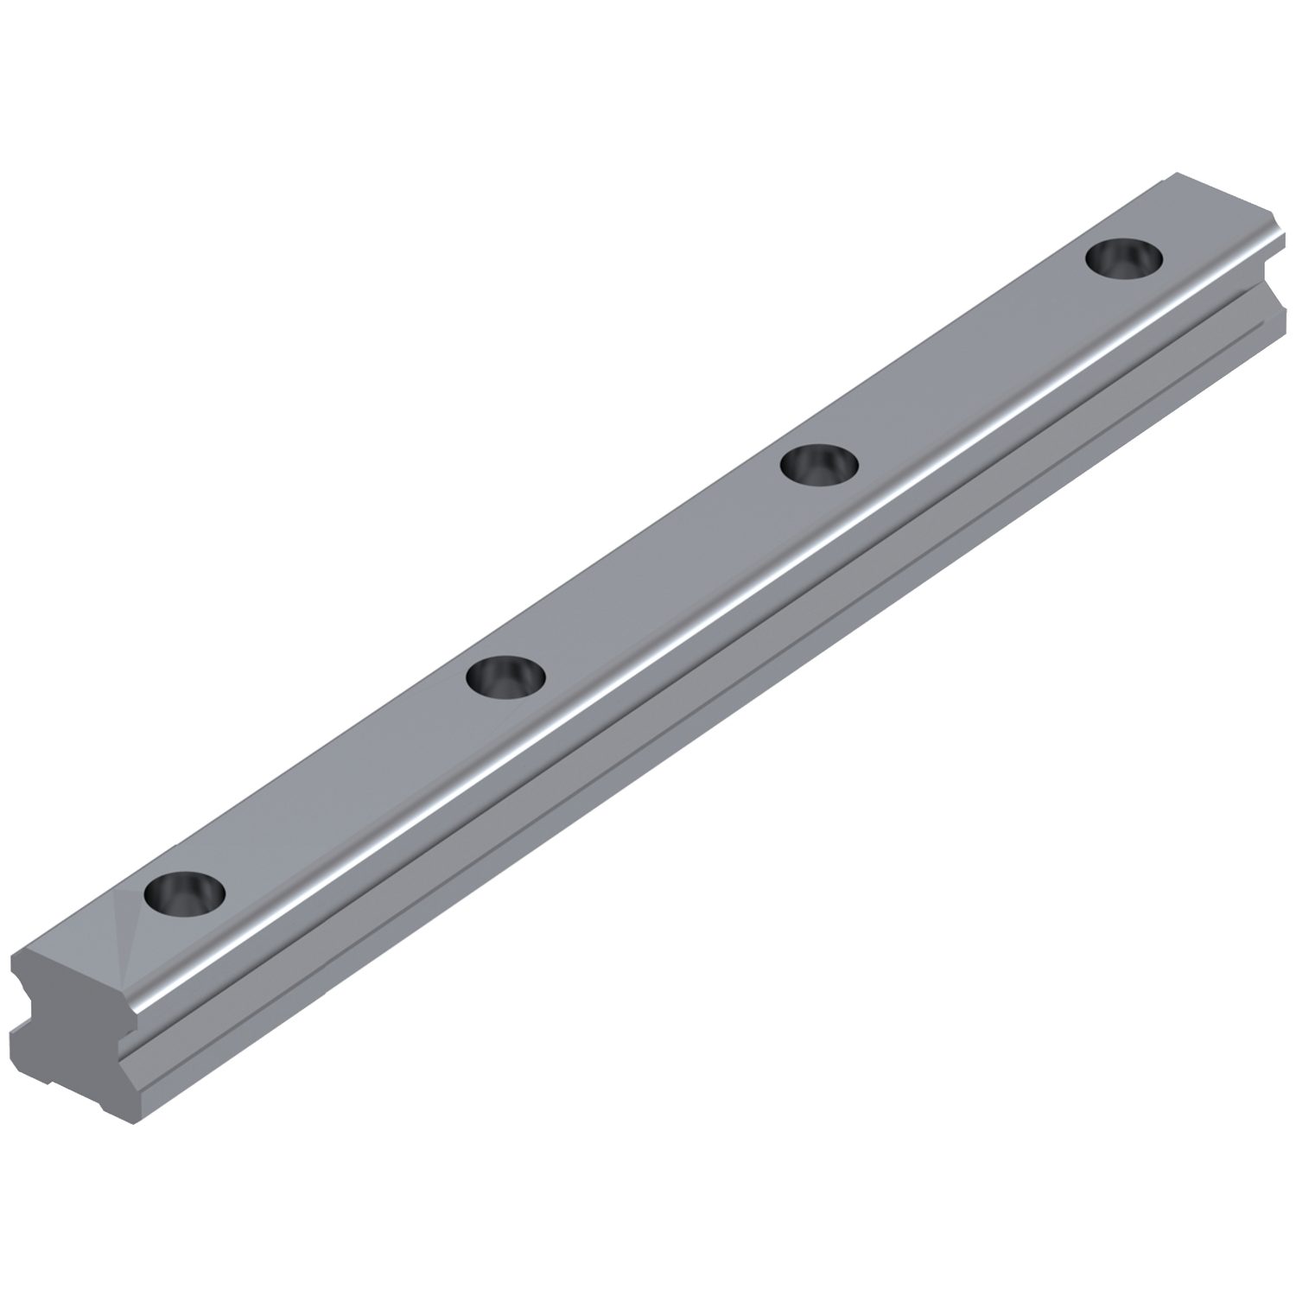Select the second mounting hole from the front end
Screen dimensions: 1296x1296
click(x=505, y=676)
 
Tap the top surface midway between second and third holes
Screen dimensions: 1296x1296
click(x=663, y=570)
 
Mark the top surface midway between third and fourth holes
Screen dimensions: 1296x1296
click(x=972, y=361)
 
